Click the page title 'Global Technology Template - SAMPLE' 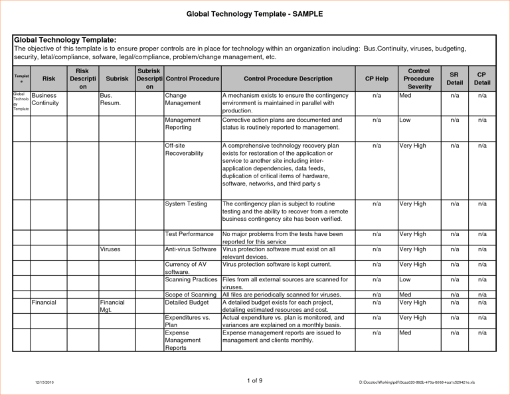tap(254, 13)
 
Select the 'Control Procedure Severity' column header tap(418, 78)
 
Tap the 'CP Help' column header tap(377, 78)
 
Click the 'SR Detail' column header tap(455, 78)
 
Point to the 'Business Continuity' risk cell tap(46, 99)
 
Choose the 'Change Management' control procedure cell tap(183, 99)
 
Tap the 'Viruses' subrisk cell tap(110, 249)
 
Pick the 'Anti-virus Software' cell tap(191, 249)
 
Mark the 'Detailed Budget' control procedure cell tap(187, 302)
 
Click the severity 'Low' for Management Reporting tap(405, 120)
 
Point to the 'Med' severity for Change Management tap(405, 95)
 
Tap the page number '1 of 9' tap(254, 380)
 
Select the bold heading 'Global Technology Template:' tap(65, 40)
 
